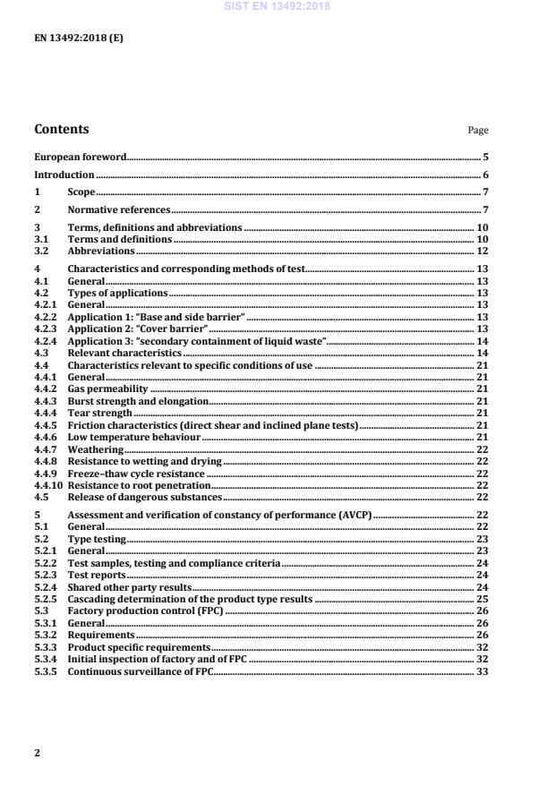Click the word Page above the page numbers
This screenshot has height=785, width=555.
[x=478, y=131]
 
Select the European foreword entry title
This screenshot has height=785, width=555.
[x=81, y=156]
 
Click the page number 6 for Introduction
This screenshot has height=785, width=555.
[x=485, y=175]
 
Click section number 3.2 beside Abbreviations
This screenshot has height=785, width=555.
[x=41, y=252]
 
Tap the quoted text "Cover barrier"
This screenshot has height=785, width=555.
[x=178, y=329]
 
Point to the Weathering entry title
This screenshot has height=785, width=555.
[x=91, y=449]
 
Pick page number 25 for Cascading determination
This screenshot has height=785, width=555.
[x=482, y=599]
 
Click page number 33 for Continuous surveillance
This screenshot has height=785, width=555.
[x=482, y=671]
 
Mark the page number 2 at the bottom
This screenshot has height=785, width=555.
[x=38, y=753]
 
